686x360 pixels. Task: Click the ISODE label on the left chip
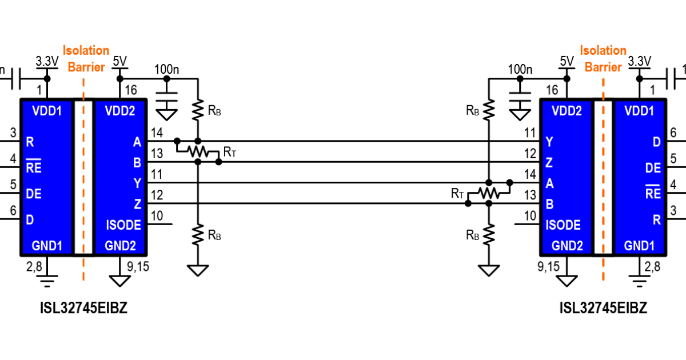click(x=123, y=225)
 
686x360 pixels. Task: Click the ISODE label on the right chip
click(x=563, y=225)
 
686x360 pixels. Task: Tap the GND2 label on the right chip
click(x=567, y=246)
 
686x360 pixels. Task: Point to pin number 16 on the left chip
click(x=131, y=90)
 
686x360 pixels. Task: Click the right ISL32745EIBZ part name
click(x=603, y=309)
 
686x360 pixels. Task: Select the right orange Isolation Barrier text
click(x=603, y=59)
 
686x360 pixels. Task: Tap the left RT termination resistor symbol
click(x=198, y=151)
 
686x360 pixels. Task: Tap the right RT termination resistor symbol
click(x=489, y=193)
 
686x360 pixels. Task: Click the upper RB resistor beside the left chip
click(x=198, y=110)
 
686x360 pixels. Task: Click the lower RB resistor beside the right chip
click(x=489, y=235)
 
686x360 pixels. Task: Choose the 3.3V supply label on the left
click(x=47, y=61)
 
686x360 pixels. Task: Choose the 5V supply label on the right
click(x=567, y=61)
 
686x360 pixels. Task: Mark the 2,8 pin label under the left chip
click(x=34, y=266)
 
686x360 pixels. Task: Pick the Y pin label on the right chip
click(x=549, y=142)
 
